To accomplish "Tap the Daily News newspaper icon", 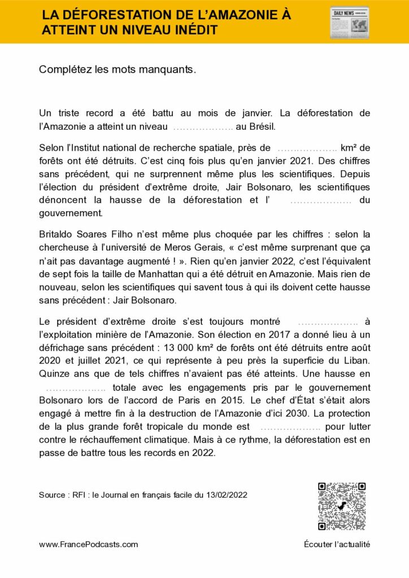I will click(x=349, y=23).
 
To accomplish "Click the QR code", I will click(x=342, y=506).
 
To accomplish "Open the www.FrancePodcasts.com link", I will click(x=88, y=545).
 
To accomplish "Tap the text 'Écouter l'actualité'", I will click(x=337, y=545).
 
